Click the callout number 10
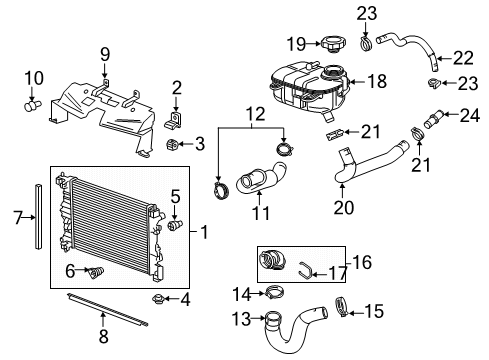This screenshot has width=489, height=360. click(x=34, y=77)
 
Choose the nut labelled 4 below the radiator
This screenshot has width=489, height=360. click(x=159, y=298)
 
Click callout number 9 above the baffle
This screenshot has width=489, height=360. click(x=104, y=54)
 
